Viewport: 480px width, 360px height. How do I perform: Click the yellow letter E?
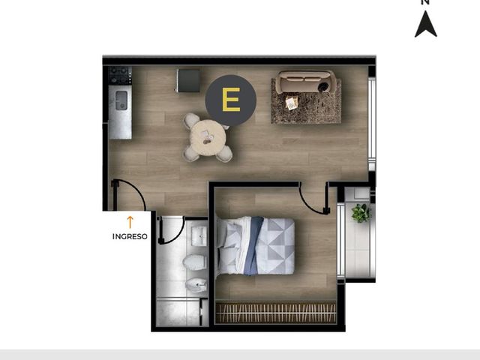pos(231,100)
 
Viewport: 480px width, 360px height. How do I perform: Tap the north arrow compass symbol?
pos(425,24)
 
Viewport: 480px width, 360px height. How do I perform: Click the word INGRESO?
pos(130,237)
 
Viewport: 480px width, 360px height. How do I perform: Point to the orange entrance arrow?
pos(130,222)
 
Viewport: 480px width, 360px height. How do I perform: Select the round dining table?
pos(208,138)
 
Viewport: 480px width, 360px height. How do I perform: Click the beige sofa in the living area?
pos(305,82)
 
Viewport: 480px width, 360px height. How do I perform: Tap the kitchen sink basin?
pos(121,100)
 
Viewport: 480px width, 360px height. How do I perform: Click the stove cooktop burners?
pos(120,75)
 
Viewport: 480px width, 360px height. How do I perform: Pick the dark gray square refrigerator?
pos(188,81)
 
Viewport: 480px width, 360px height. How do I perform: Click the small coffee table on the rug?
pos(291,103)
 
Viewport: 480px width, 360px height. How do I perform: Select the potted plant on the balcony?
pos(361,213)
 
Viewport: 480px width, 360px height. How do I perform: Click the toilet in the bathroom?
pos(195,262)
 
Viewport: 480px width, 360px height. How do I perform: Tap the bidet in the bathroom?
pos(196,285)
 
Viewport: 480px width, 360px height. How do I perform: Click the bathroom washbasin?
pos(199,236)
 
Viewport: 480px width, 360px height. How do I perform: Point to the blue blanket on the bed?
pos(253,246)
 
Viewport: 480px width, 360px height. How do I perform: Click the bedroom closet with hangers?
pos(276,313)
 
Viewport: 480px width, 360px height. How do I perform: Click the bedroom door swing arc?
pos(308,203)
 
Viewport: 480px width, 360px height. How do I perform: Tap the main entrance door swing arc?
pos(136,189)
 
